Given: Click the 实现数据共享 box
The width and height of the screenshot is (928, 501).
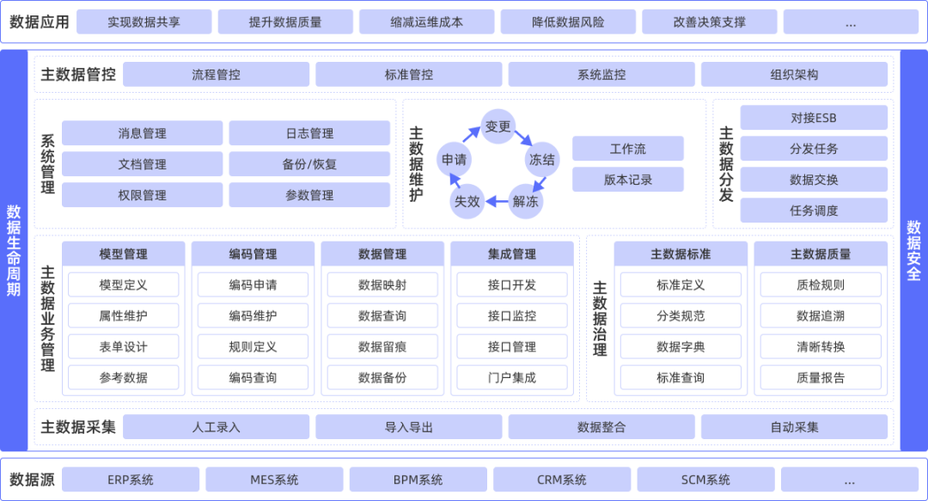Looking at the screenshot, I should (x=143, y=22).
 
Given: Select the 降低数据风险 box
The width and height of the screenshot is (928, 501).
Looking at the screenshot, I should (x=568, y=22).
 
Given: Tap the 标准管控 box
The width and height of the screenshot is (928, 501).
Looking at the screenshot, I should (x=409, y=75).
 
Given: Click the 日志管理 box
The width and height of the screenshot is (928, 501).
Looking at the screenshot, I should (x=309, y=133).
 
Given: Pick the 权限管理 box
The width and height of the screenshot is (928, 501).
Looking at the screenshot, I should (x=143, y=195).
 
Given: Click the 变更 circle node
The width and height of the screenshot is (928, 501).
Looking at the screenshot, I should (x=498, y=127).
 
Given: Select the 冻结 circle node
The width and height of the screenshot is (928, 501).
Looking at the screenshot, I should (x=542, y=159).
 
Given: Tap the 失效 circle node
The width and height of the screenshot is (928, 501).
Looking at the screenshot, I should (x=467, y=202).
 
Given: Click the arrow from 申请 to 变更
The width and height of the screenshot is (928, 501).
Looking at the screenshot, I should (x=471, y=134).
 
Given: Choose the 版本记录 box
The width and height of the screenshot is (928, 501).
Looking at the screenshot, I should (x=628, y=180).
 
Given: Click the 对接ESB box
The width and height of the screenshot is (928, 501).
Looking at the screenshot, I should (x=814, y=118).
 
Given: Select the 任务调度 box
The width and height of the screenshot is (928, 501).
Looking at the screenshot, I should (x=814, y=211).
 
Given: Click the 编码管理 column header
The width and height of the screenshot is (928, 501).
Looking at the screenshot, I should (x=253, y=254).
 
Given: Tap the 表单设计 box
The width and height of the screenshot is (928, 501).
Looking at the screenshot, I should (x=124, y=346).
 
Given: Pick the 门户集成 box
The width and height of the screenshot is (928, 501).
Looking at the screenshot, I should (x=512, y=377).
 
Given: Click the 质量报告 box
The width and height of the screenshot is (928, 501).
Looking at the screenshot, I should (x=821, y=377).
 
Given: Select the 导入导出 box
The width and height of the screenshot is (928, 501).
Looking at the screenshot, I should (x=409, y=427).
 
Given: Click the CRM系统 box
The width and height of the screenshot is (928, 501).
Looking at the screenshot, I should (x=562, y=480).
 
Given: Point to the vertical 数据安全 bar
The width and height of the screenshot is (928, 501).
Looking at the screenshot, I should (x=913, y=250).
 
